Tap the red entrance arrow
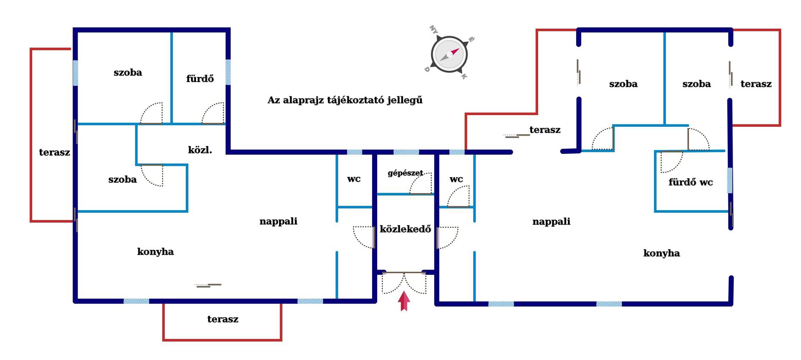pos(404,301)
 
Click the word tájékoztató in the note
pos(345,101)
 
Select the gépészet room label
pos(405,173)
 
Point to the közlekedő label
pos(405,229)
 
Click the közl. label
pos(200,150)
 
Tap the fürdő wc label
pos(690,182)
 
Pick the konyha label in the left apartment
pos(155,252)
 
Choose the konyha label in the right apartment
pos(661,253)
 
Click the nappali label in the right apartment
pos(551,222)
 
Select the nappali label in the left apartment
pos(278,222)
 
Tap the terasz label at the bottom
pos(223,319)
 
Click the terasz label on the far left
pos(54,152)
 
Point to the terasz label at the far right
pos(756,84)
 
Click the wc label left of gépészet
pos(354,179)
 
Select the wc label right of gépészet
pos(456,179)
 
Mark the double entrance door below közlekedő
pos(404,283)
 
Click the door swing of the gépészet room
pos(421,183)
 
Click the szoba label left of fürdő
pos(128,73)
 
